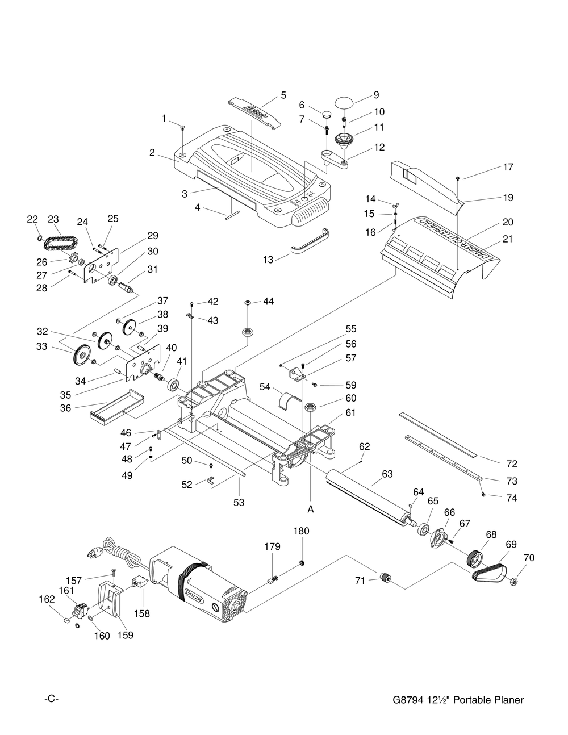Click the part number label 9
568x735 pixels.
pos(376,95)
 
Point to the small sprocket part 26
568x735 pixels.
pos(72,262)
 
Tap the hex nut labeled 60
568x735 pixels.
pos(311,407)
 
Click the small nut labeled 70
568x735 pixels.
pos(514,581)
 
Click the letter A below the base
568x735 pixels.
pos(311,510)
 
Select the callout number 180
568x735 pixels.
pos(302,531)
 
